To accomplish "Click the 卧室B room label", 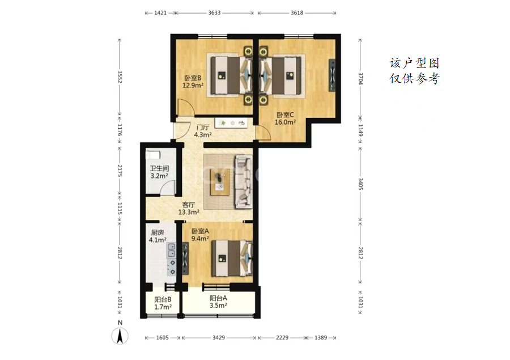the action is pyautogui.click(x=193, y=78).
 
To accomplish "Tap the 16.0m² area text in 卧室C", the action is pyautogui.click(x=285, y=122).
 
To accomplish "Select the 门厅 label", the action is pyautogui.click(x=203, y=127).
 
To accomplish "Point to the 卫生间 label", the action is pyautogui.click(x=159, y=168).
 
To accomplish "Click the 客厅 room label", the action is pyautogui.click(x=189, y=205).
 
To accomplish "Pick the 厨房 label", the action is pyautogui.click(x=158, y=233).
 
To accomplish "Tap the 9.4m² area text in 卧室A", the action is pyautogui.click(x=200, y=239).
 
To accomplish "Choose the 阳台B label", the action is pyautogui.click(x=163, y=299).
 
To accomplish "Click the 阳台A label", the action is pyautogui.click(x=218, y=298).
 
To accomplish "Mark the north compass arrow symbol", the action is pyautogui.click(x=120, y=336).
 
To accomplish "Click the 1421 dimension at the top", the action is pyautogui.click(x=160, y=13).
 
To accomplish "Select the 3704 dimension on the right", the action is pyautogui.click(x=360, y=78).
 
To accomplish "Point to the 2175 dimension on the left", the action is pyautogui.click(x=120, y=171).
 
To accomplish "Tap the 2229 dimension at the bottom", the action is pyautogui.click(x=282, y=337).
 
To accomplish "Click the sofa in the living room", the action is pyautogui.click(x=244, y=182).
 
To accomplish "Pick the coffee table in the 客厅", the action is pyautogui.click(x=220, y=183).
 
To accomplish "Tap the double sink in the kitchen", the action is pyautogui.click(x=171, y=250).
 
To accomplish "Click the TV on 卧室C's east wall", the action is pyautogui.click(x=332, y=75).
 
